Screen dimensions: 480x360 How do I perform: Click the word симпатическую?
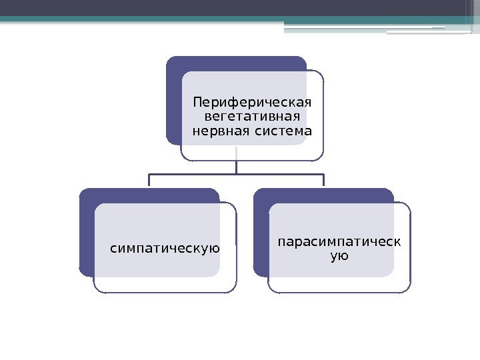[165, 249]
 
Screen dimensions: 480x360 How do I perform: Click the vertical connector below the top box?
[237, 167]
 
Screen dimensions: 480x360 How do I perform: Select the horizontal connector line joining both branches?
[200, 175]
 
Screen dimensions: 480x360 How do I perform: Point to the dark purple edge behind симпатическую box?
[86, 233]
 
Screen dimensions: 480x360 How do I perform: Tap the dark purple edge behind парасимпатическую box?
[261, 233]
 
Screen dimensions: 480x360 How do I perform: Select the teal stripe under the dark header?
[133, 20]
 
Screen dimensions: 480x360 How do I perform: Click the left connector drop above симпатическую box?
[149, 181]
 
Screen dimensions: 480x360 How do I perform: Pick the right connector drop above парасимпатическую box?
[324, 181]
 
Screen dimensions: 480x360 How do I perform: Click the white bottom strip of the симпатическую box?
[165, 285]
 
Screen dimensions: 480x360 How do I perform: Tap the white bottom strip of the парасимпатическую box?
[339, 285]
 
